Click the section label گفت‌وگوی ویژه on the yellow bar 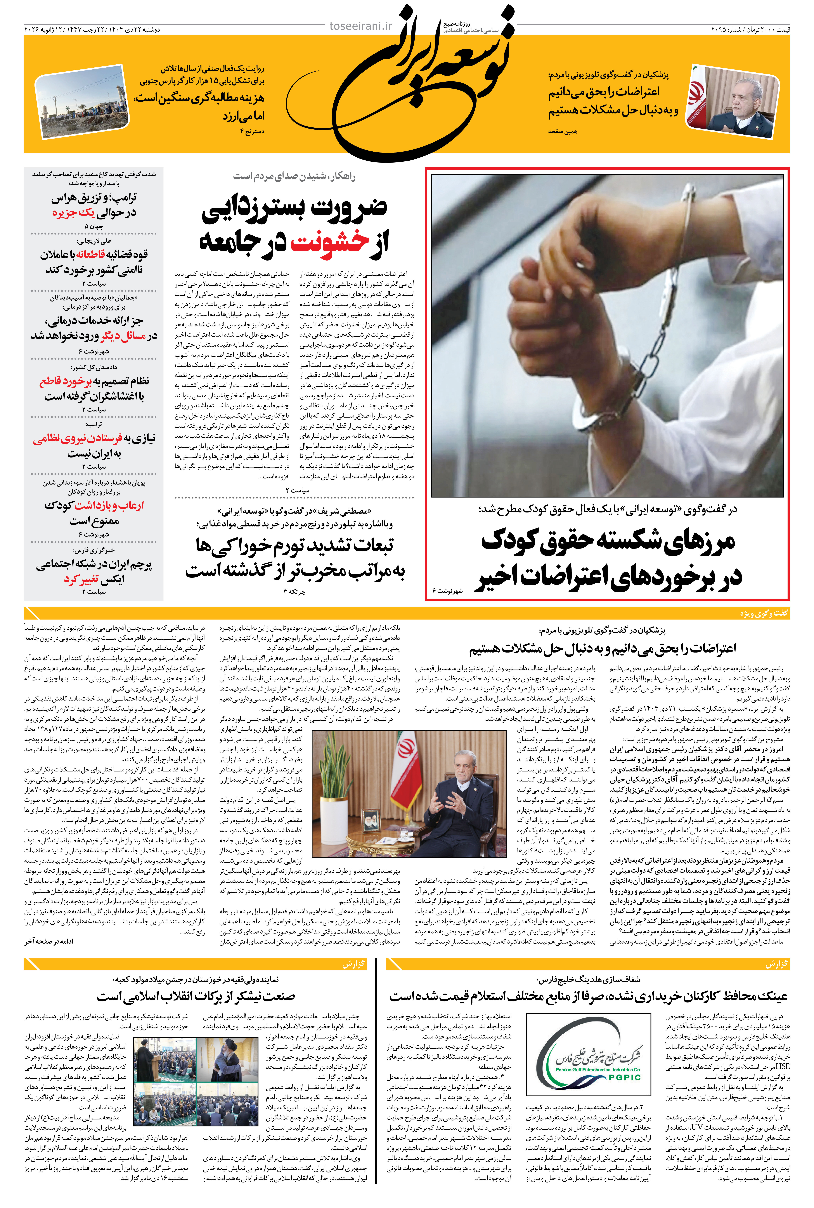(x=764, y=613)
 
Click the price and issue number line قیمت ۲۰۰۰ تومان (x=750, y=30)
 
